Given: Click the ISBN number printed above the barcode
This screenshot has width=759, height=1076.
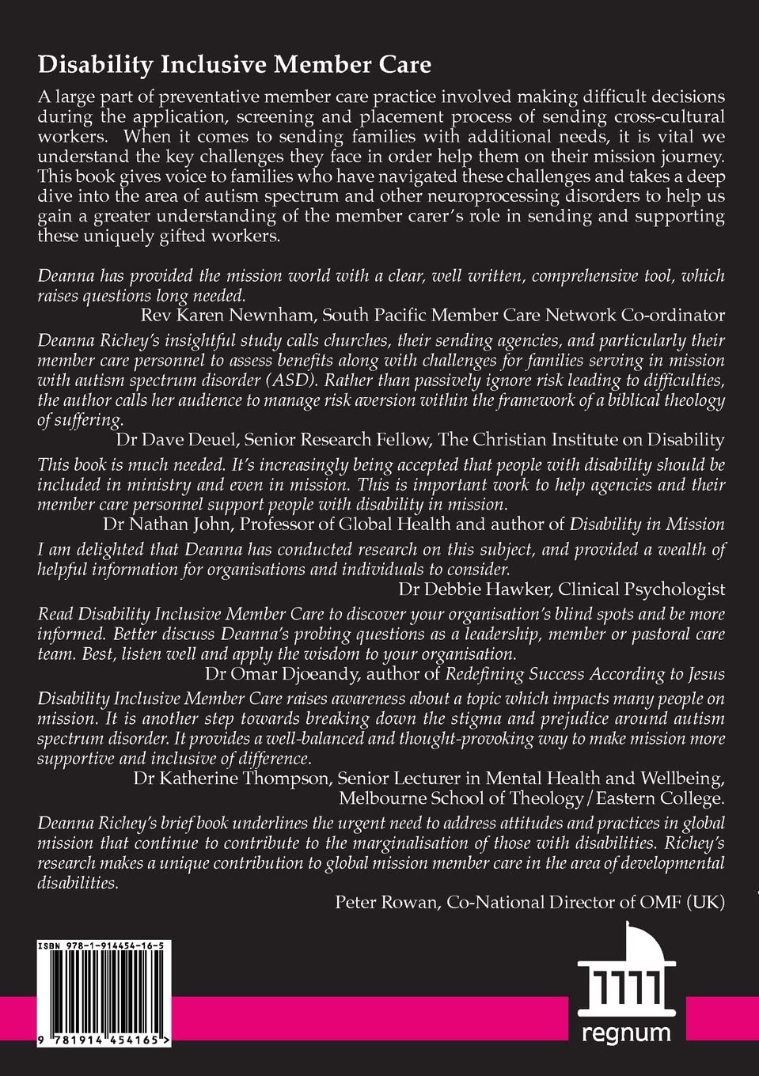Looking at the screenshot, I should click(x=100, y=946).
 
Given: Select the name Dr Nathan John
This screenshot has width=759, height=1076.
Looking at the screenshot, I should click(x=165, y=523).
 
